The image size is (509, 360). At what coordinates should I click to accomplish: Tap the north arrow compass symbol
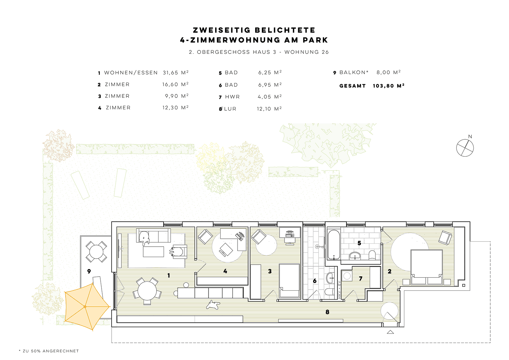point(465,148)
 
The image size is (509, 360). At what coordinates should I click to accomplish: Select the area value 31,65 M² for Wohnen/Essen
point(176,73)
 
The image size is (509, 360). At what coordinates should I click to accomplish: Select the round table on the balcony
point(96,252)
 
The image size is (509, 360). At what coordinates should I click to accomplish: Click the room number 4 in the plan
point(225,271)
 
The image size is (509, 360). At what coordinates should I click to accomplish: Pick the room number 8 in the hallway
point(327,312)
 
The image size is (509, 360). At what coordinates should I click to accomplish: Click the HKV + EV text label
point(339,289)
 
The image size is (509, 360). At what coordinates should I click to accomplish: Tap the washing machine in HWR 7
point(347,276)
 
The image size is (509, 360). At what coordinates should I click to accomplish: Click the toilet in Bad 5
point(372,256)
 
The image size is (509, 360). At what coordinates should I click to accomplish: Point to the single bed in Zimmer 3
point(289,280)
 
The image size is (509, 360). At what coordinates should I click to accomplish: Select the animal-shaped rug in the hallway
point(212,305)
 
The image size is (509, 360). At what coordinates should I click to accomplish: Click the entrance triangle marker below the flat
point(390,332)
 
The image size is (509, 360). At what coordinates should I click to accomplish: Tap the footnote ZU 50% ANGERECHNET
point(49,351)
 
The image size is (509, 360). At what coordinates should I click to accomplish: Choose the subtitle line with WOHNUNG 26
point(258,52)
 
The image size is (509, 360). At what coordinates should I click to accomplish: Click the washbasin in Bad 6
point(330,277)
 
